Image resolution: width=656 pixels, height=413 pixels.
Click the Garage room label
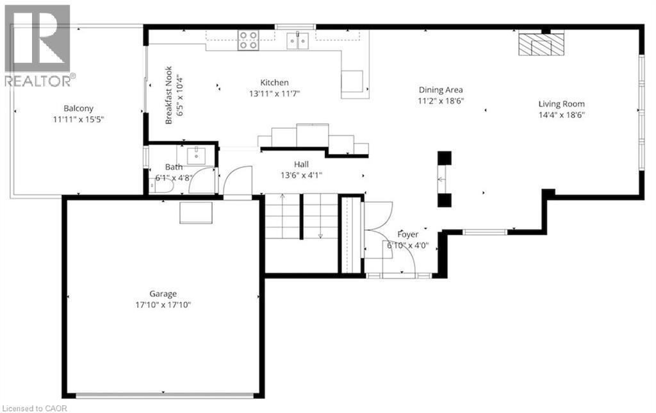[x=163, y=294]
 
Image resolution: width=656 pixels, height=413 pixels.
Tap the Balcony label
[x=78, y=108]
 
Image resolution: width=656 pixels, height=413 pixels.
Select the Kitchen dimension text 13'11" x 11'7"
[x=274, y=94]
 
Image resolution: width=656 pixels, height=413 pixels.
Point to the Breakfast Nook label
[x=168, y=95]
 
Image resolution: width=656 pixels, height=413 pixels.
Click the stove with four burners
[x=248, y=40]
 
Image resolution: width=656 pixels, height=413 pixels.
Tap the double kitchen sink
[x=297, y=41]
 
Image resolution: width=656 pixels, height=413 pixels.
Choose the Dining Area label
[x=441, y=90]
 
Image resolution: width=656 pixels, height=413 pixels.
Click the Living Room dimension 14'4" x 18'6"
[x=561, y=115]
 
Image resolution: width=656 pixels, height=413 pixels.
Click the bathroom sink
[x=196, y=155]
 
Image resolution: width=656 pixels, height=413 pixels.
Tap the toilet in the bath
[x=161, y=187]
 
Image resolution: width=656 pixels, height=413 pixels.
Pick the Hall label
[x=301, y=164]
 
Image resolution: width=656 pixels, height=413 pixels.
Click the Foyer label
[x=407, y=235]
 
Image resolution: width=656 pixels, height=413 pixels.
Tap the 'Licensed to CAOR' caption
[x=35, y=408]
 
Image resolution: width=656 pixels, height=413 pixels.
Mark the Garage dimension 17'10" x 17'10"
[x=163, y=305]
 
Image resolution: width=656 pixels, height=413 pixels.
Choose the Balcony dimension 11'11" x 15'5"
[x=78, y=119]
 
